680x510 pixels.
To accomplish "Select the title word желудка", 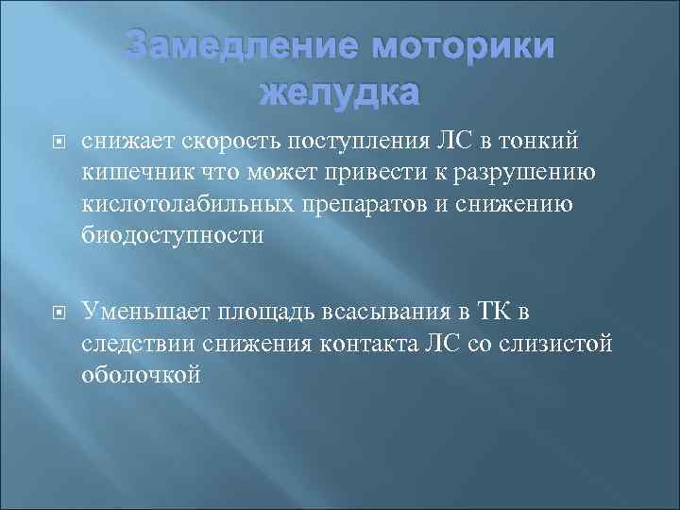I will pos(338,93).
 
